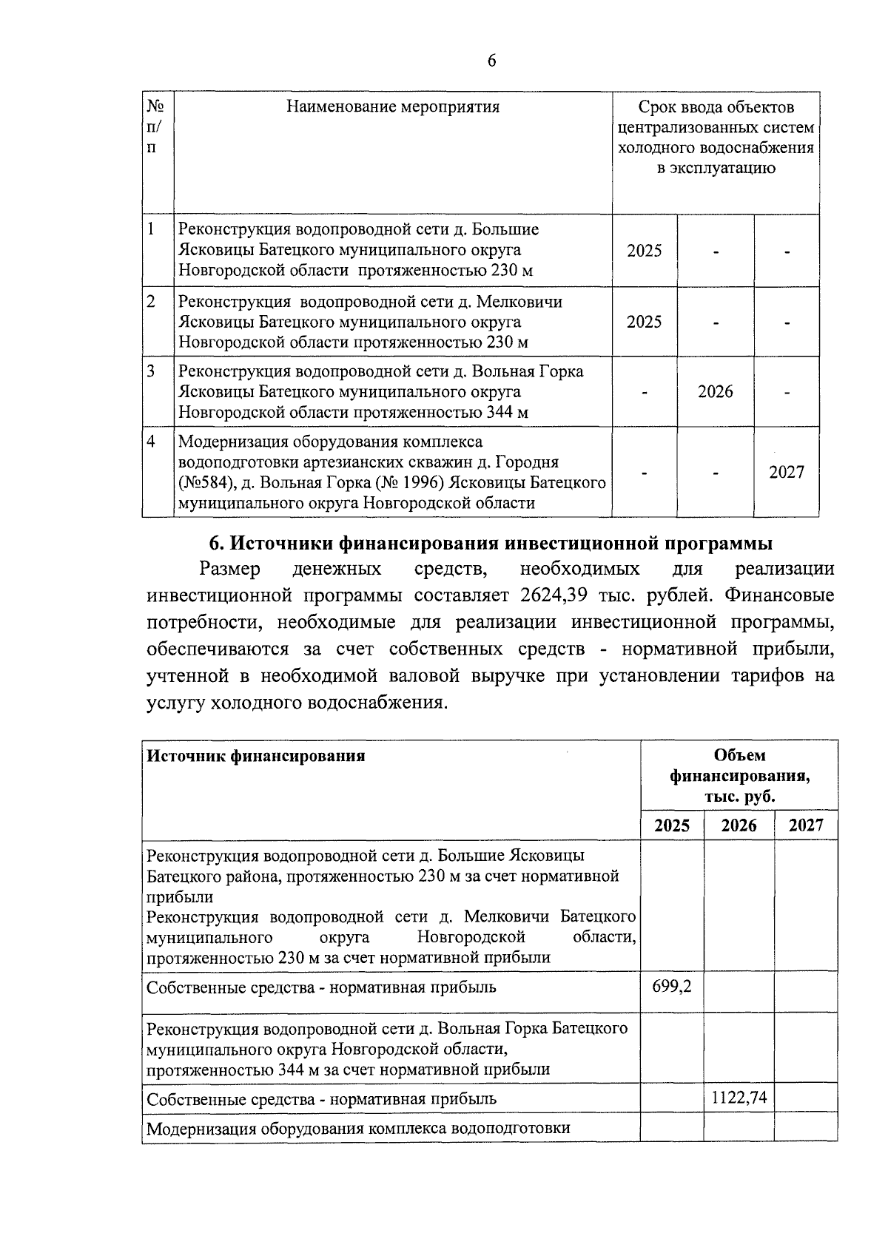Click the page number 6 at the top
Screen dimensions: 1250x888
[x=491, y=61]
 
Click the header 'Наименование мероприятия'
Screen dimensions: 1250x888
[x=393, y=107]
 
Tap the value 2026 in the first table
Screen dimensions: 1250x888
[x=715, y=391]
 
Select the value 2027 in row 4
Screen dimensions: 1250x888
[x=786, y=472]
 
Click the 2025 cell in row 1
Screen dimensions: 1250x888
[x=644, y=251]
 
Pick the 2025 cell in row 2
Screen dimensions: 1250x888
[x=644, y=322]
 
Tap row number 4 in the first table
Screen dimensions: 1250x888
[x=151, y=442]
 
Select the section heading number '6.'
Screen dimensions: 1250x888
[x=217, y=544]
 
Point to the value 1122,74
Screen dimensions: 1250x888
[x=739, y=1098]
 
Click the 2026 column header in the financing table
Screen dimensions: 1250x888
[x=739, y=825]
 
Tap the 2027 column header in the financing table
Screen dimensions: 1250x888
[x=806, y=825]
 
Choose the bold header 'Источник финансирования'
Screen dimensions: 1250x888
[x=256, y=756]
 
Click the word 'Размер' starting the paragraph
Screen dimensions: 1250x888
[x=230, y=570]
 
